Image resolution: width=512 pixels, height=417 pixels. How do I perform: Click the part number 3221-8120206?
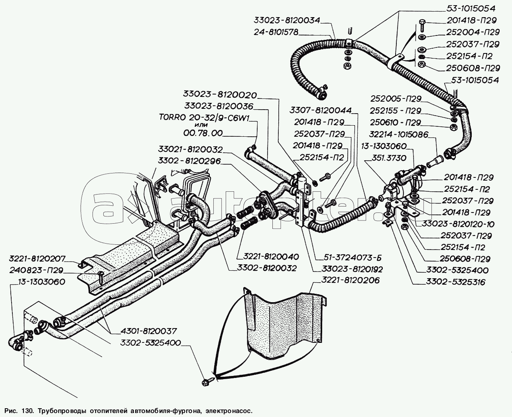click(x=350, y=281)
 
